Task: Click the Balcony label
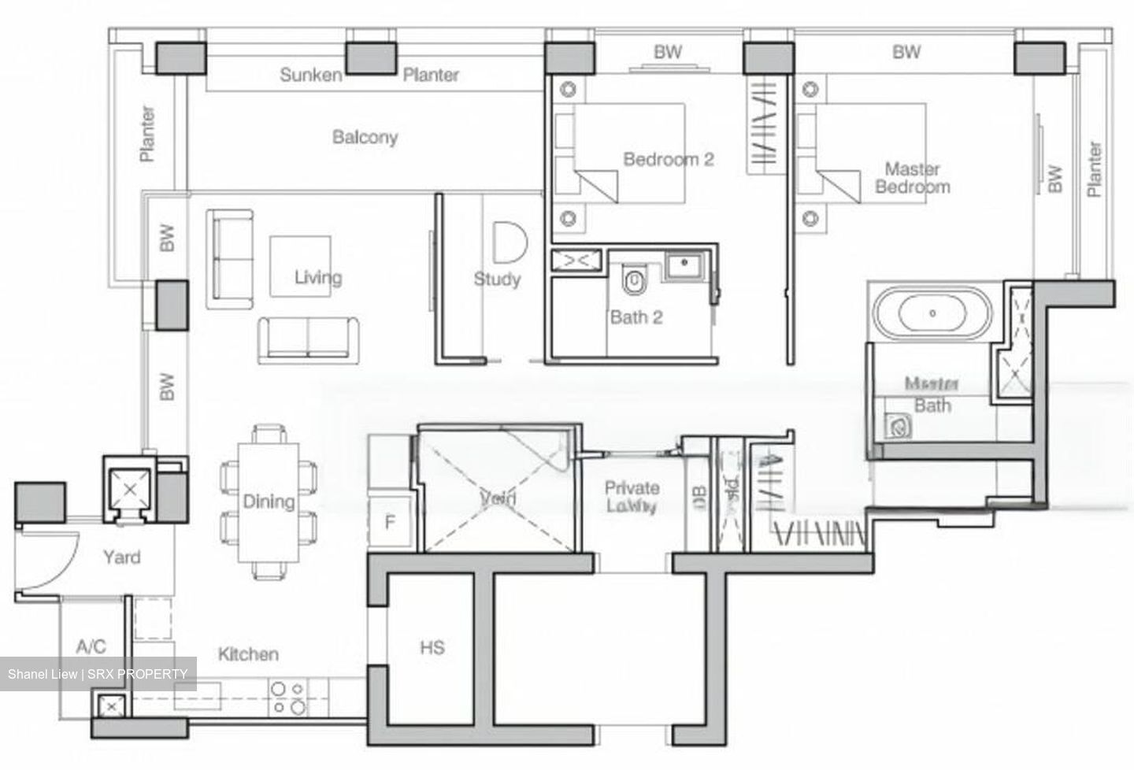pos(365,137)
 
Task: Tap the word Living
pos(318,277)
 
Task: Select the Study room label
pos(497,279)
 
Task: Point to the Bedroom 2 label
pos(668,160)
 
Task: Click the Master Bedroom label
pos(912,178)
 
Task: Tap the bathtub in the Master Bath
pos(932,313)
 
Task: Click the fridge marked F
pos(390,522)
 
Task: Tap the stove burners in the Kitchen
pos(288,698)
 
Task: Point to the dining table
pos(268,502)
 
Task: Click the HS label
pos(432,648)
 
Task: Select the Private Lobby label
pos(632,497)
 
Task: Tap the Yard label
pos(122,557)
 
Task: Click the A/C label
pos(91,647)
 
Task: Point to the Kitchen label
pos(248,654)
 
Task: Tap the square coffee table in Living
pos(299,266)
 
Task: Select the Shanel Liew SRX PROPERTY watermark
pos(98,674)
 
